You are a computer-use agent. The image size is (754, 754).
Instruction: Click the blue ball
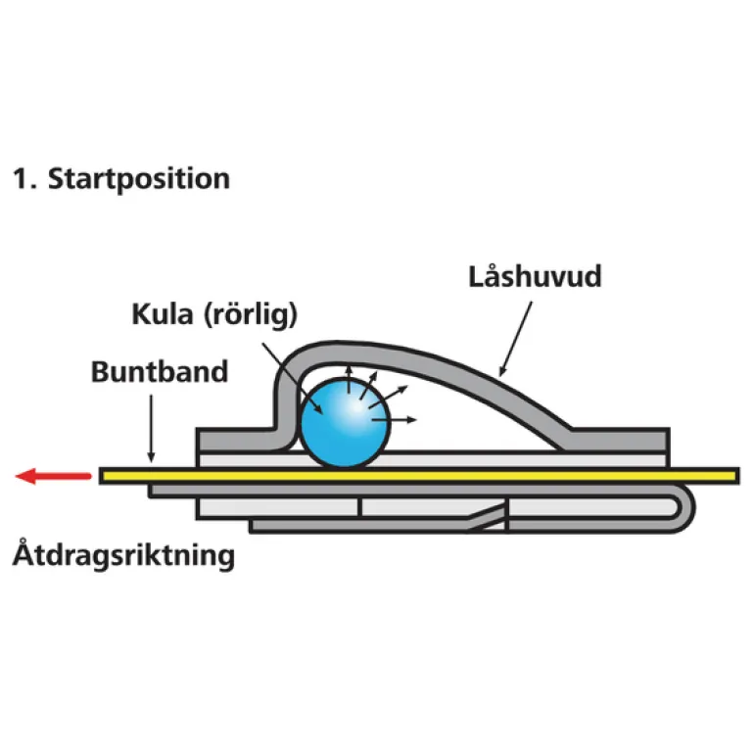(x=343, y=422)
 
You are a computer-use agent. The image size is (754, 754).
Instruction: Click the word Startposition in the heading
(x=139, y=179)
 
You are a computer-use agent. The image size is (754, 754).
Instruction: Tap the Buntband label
(x=160, y=372)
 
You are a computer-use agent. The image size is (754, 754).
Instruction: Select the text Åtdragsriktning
(x=124, y=556)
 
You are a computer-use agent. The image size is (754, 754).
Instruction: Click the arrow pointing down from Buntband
(x=151, y=427)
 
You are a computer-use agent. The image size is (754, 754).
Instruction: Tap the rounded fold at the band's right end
(x=687, y=506)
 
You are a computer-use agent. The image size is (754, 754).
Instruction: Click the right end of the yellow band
(x=730, y=476)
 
